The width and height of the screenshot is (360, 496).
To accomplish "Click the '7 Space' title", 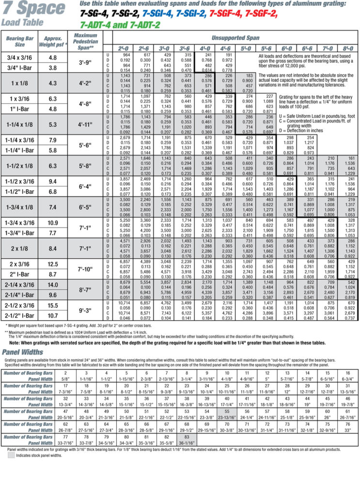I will [33, 8].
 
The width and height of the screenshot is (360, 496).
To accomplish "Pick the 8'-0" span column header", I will [347, 48].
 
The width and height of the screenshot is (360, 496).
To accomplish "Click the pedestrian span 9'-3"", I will [92, 310].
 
